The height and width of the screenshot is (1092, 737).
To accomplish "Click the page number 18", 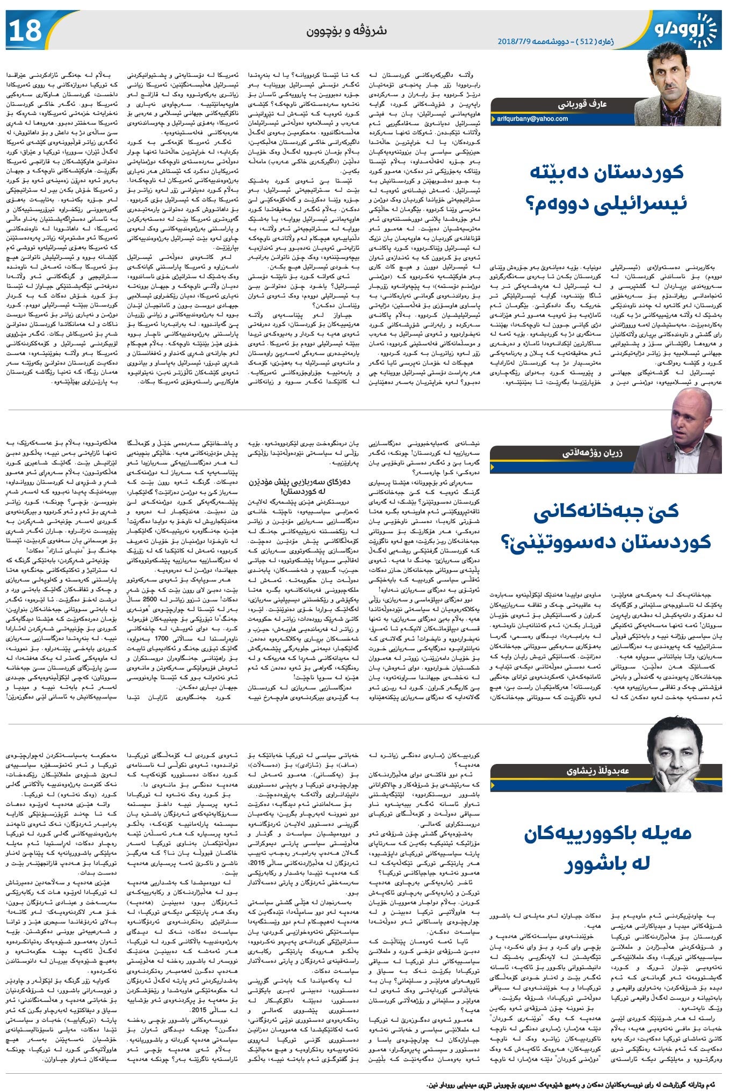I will click(25, 31).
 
